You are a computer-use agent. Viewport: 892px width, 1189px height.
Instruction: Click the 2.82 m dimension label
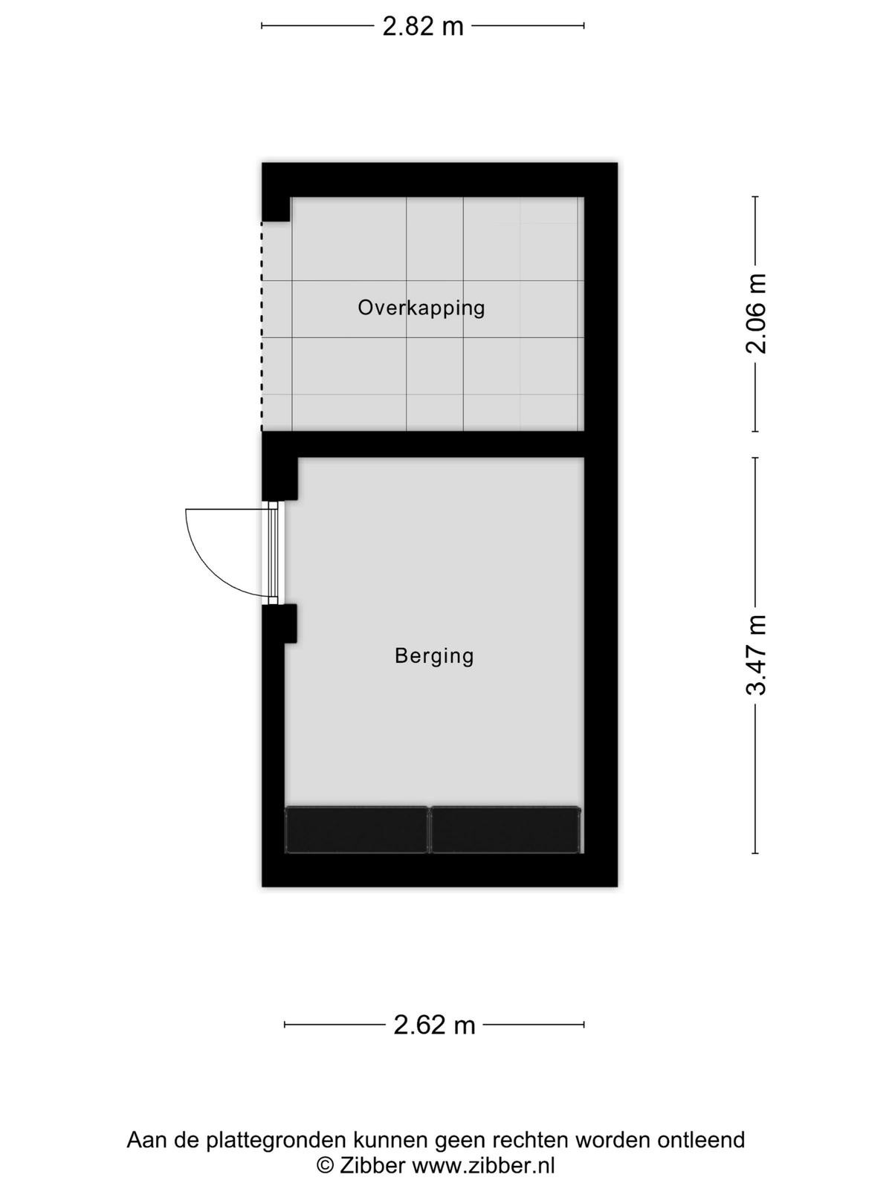tap(423, 26)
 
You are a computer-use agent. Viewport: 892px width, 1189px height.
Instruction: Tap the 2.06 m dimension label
tap(757, 314)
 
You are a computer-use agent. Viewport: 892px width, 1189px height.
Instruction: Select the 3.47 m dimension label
tap(757, 655)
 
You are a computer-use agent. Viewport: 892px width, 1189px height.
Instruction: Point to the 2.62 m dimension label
tap(434, 1025)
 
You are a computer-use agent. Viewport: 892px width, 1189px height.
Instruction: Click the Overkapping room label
tap(421, 308)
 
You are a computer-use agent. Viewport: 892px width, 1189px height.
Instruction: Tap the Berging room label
tap(434, 656)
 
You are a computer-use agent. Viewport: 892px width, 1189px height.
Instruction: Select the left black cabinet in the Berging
tap(356, 830)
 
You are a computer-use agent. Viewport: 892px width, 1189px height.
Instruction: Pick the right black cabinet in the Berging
tap(505, 830)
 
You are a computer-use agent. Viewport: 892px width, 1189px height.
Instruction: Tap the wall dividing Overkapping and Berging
tap(423, 444)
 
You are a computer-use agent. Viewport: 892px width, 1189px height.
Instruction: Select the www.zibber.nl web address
tap(484, 1163)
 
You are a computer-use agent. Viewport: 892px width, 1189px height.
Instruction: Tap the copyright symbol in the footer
tap(325, 1164)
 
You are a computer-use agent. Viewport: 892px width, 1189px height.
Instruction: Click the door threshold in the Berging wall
tap(274, 553)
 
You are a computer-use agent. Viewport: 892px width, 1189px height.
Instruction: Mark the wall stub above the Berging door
tap(280, 479)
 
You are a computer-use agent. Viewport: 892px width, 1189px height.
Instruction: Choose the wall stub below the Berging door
tap(280, 623)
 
